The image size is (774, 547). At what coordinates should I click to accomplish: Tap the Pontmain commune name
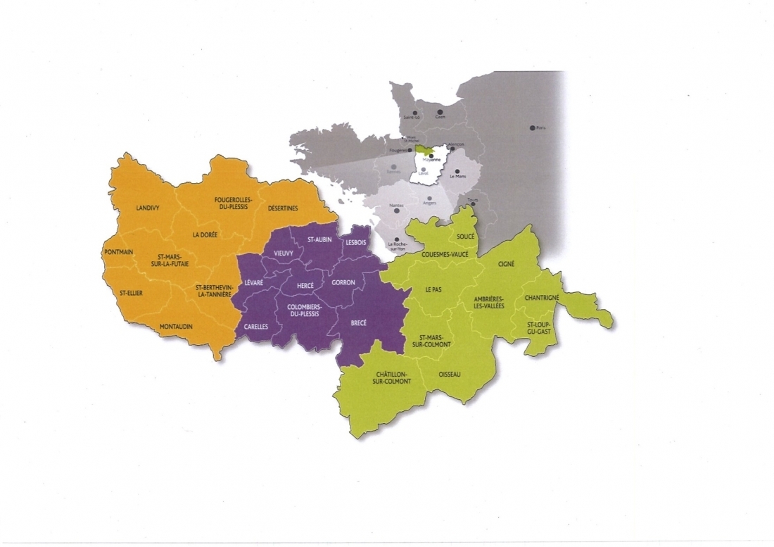118,252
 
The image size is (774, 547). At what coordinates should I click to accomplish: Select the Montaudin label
176,326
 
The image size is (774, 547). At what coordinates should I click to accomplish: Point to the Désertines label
284,208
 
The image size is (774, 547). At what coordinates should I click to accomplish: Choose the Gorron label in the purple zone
343,282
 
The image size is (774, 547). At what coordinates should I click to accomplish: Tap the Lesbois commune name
355,241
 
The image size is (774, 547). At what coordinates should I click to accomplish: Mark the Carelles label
256,327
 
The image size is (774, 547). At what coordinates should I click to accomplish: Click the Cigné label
506,263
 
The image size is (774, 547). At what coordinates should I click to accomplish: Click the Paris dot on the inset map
532,128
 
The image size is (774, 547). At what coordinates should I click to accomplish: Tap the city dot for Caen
439,111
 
